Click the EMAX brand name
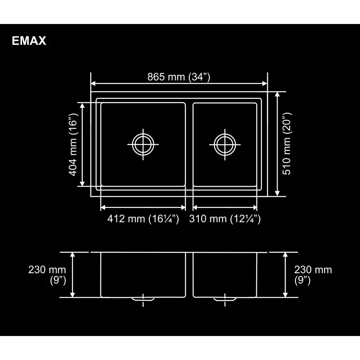[x=29, y=41]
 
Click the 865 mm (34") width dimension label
[x=179, y=77]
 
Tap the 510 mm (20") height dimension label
[x=287, y=144]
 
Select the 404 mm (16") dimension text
[x=72, y=144]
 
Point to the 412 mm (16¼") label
[x=143, y=219]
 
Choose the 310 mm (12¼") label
[x=225, y=219]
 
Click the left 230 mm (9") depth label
[x=47, y=275]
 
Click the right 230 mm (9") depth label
[x=313, y=275]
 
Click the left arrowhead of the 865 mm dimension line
[x=94, y=84]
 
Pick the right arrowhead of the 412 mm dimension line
[x=183, y=207]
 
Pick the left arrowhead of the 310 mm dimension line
[x=196, y=207]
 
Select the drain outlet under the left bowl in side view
[x=143, y=299]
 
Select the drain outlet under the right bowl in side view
[x=224, y=299]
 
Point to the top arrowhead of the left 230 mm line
[x=73, y=255]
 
